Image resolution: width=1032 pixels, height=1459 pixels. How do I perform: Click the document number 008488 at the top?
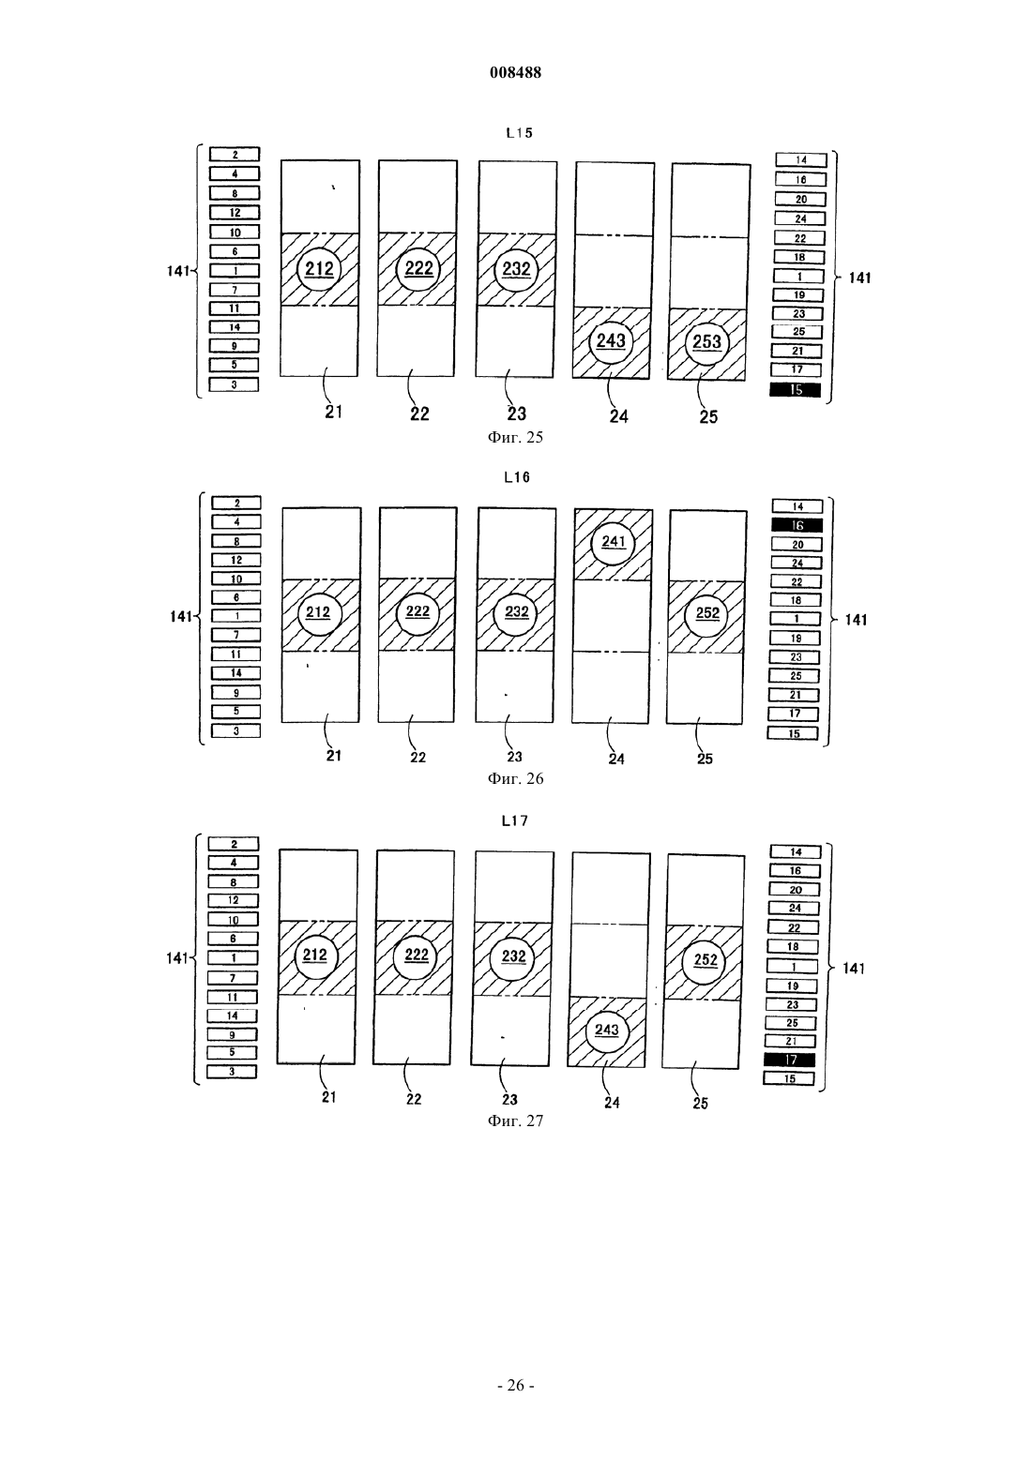tap(515, 72)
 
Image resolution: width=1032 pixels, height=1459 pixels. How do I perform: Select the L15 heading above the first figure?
tap(519, 133)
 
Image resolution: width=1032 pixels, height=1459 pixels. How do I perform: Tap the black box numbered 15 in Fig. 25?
tap(796, 389)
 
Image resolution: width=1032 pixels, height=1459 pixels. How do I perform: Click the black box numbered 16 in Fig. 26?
tap(797, 525)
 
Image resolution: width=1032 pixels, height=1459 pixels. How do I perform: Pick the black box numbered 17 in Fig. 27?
tap(790, 1060)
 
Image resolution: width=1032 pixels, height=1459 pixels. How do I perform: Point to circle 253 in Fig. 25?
tap(706, 342)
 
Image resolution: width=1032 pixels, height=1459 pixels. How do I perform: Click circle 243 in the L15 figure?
tap(611, 340)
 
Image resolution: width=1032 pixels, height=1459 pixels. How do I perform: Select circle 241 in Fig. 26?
tap(614, 542)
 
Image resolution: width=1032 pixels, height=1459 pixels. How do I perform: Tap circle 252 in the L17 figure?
tap(706, 960)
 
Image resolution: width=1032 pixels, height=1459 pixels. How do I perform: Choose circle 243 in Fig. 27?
tap(607, 1030)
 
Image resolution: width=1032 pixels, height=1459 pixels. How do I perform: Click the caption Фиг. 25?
tap(515, 437)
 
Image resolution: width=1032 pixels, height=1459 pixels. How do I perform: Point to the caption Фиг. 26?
tap(515, 779)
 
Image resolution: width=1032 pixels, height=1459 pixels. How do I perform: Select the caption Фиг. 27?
tap(515, 1121)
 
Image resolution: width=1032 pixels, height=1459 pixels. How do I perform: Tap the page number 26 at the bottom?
tap(515, 1386)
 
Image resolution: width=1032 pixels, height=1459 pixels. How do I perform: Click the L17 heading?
tap(515, 820)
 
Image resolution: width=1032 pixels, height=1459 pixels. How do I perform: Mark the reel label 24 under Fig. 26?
tap(616, 759)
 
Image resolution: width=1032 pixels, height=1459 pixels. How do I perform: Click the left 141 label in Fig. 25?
tap(178, 271)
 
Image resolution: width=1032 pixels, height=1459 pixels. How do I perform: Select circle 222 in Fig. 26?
tap(417, 611)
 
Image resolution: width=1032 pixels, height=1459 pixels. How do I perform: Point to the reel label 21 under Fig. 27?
tap(329, 1097)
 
